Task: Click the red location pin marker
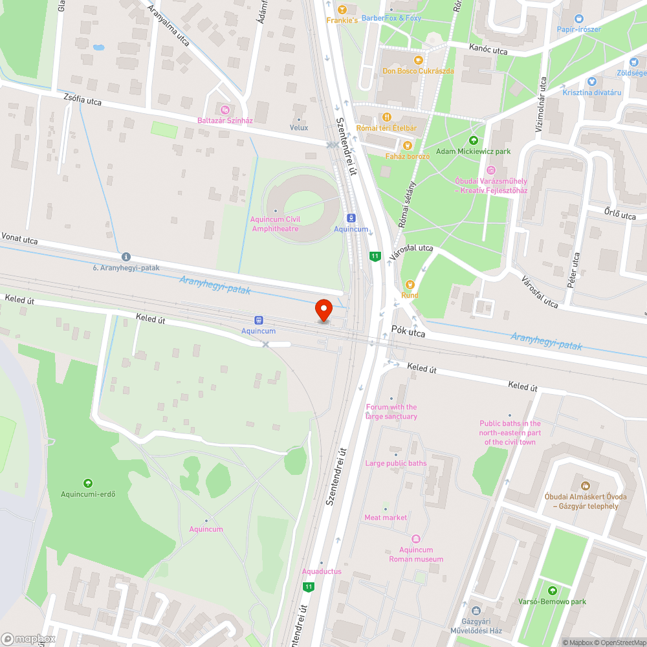pyautogui.click(x=323, y=309)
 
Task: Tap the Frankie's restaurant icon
pyautogui.click(x=342, y=10)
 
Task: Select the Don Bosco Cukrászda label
pyautogui.click(x=418, y=71)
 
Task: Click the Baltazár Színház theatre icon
pyautogui.click(x=225, y=110)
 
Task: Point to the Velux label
pyautogui.click(x=299, y=127)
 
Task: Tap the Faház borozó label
pyautogui.click(x=408, y=157)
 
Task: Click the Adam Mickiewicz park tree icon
pyautogui.click(x=473, y=140)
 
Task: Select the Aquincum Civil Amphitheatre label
pyautogui.click(x=275, y=224)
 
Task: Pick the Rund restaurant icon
pyautogui.click(x=409, y=284)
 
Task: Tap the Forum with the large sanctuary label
pyautogui.click(x=391, y=411)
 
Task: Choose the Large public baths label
pyautogui.click(x=396, y=463)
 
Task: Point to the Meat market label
pyautogui.click(x=386, y=518)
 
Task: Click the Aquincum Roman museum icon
pyautogui.click(x=416, y=539)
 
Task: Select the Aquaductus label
pyautogui.click(x=322, y=571)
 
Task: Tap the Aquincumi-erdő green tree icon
pyautogui.click(x=88, y=483)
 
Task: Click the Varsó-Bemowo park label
pyautogui.click(x=552, y=602)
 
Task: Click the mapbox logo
pyautogui.click(x=29, y=639)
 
